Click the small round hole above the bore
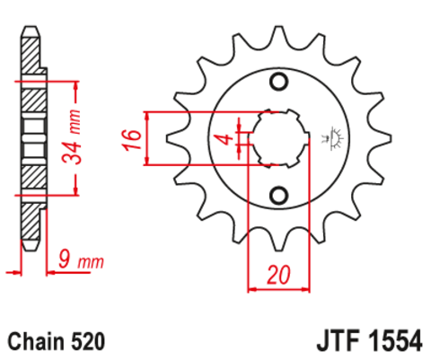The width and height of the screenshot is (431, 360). pos(278,83)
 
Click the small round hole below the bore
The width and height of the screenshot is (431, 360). pos(278,195)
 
